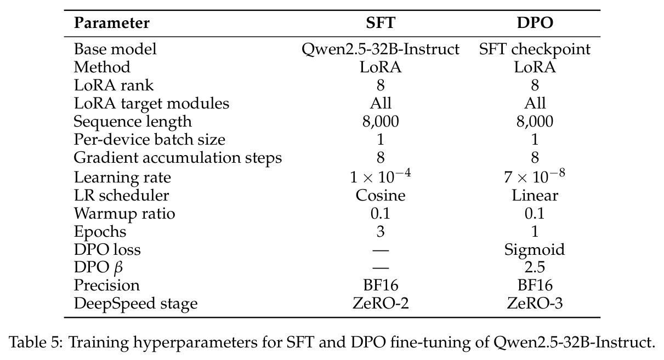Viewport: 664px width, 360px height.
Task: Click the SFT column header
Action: [381, 23]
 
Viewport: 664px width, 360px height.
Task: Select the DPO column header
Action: [535, 23]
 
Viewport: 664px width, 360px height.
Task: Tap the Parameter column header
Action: [111, 23]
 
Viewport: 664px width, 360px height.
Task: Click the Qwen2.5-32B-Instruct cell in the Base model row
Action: [381, 49]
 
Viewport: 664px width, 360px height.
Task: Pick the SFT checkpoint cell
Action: [535, 49]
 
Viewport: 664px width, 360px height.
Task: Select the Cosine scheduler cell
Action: [381, 195]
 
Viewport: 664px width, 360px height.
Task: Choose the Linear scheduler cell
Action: [535, 195]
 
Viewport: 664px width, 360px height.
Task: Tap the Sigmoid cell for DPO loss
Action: [535, 250]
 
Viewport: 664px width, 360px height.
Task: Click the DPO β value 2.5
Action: [535, 267]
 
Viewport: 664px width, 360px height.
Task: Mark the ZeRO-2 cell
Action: [381, 304]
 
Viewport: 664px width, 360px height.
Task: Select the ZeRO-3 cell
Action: [535, 304]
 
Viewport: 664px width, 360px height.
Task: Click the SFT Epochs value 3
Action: [381, 231]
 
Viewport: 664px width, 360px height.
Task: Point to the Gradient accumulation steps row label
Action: [178, 158]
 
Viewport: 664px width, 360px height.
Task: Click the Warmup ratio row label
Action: [124, 213]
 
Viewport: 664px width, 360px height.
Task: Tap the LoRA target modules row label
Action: [151, 104]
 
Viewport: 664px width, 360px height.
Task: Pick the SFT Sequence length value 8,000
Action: [381, 122]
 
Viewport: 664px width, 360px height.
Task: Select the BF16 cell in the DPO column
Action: [535, 285]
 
